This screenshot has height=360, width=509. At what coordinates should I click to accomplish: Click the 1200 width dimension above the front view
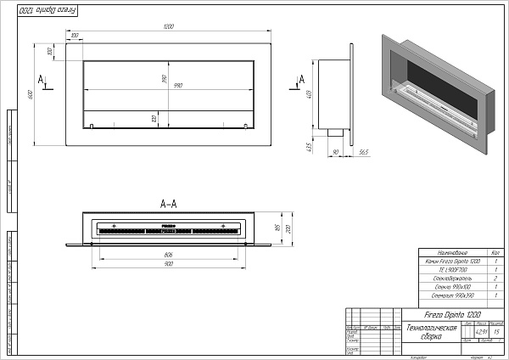coord(168,28)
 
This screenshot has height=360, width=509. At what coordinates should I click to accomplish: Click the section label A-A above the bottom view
coord(168,204)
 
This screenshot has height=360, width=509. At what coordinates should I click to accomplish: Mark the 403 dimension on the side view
coord(310,93)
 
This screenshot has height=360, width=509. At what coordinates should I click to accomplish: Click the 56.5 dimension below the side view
coord(363,152)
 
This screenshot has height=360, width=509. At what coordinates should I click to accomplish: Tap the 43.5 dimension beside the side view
coord(311,146)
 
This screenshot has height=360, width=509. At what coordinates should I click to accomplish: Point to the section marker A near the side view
coord(302,78)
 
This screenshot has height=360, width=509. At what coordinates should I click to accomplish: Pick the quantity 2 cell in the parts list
coord(493,278)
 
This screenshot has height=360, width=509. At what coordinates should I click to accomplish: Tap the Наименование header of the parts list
coord(450,252)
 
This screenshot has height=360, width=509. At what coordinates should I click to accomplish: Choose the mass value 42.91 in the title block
coord(479,331)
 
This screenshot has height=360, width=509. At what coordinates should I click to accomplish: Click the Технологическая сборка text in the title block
coord(432,332)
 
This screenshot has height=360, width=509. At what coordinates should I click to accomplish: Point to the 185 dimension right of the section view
coord(277,228)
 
